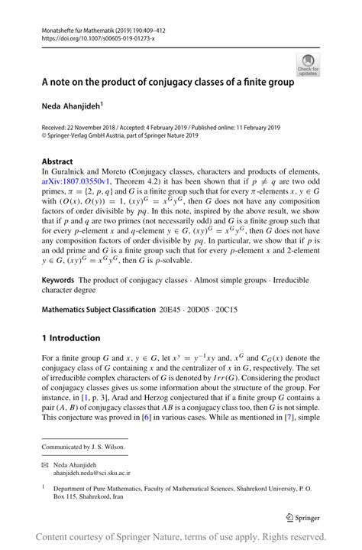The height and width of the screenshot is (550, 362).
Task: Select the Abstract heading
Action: (58, 162)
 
